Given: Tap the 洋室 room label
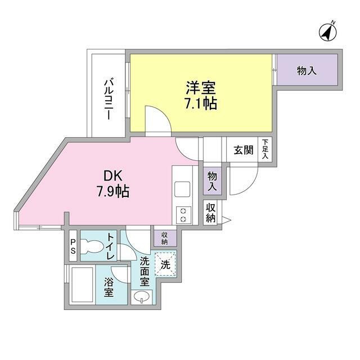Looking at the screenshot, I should pos(201,88).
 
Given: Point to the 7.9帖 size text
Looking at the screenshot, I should pos(113,191).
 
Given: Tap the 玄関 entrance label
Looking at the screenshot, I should pos(244,150).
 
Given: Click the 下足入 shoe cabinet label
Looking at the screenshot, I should pos(265,150).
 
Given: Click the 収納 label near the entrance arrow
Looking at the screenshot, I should pos(211,213).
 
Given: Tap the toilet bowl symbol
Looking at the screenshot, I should pos(93,246).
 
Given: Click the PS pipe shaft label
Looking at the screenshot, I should pos(73,247).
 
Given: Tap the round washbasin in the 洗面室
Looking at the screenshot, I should pos(141,298).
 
